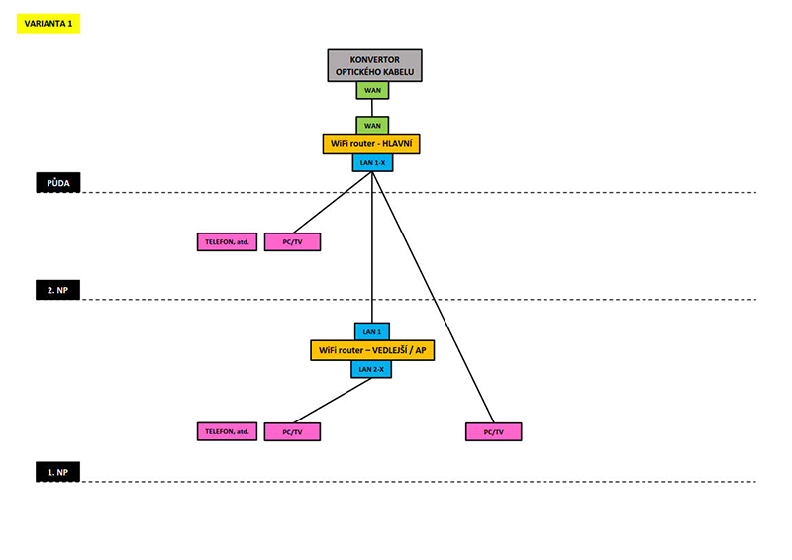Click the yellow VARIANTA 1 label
49,24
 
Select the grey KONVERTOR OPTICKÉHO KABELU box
374,65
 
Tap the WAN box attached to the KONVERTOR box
373,90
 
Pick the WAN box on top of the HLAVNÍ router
373,126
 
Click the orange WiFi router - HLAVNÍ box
373,144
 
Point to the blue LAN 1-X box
372,162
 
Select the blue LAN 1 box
372,332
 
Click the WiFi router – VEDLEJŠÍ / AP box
372,350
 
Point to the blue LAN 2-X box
372,369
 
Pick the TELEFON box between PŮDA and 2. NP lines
227,241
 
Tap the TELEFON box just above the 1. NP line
227,431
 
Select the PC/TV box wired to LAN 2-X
292,431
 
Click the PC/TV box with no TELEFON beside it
492,431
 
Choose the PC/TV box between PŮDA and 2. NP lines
292,241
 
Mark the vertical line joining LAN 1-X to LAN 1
372,247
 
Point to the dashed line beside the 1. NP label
416,482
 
